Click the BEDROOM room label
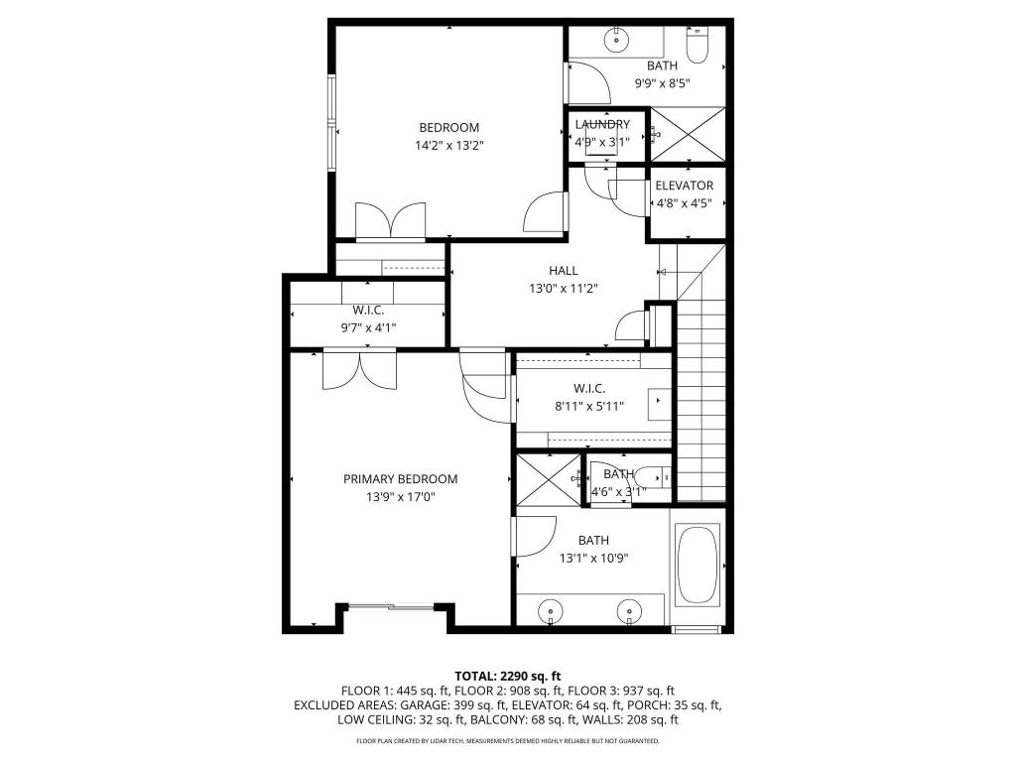click(448, 127)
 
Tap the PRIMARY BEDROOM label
click(401, 479)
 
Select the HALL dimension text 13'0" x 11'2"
click(564, 288)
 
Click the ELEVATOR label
click(684, 186)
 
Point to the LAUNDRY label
click(602, 124)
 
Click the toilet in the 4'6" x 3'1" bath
click(650, 474)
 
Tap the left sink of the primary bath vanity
click(550, 607)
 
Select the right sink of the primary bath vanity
click(626, 607)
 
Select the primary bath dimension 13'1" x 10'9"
click(593, 557)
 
